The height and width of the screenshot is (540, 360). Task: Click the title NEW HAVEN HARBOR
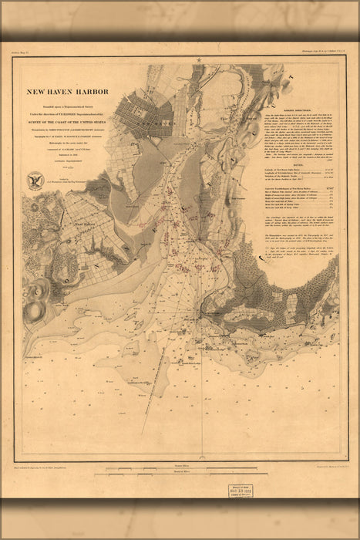(68, 92)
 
